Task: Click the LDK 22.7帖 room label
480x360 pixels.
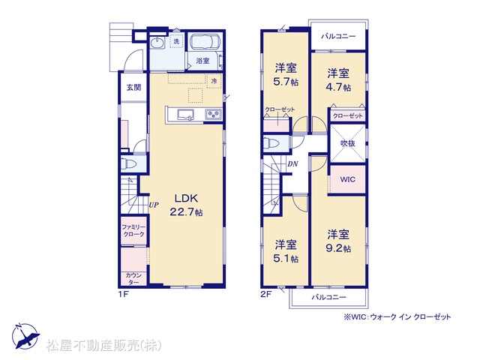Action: tap(187, 205)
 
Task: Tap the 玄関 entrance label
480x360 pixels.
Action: tap(133, 88)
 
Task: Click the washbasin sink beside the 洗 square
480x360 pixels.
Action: tap(157, 43)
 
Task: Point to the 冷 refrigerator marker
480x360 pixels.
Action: tap(214, 81)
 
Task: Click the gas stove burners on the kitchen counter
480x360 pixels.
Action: tap(213, 115)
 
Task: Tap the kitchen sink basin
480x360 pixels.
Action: tap(185, 115)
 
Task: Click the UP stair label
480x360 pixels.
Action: tap(154, 205)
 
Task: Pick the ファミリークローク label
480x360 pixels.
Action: tap(133, 231)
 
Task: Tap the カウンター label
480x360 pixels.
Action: tap(133, 278)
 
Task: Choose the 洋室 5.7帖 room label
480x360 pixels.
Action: tap(286, 74)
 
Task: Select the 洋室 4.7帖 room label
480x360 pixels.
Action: tap(339, 80)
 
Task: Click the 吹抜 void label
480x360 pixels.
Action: tap(348, 143)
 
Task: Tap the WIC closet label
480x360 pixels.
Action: tap(348, 179)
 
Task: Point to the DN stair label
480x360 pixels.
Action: tap(292, 164)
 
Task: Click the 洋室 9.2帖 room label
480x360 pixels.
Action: tap(338, 241)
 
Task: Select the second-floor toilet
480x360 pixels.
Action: tap(271, 143)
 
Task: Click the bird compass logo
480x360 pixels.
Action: tap(25, 336)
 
